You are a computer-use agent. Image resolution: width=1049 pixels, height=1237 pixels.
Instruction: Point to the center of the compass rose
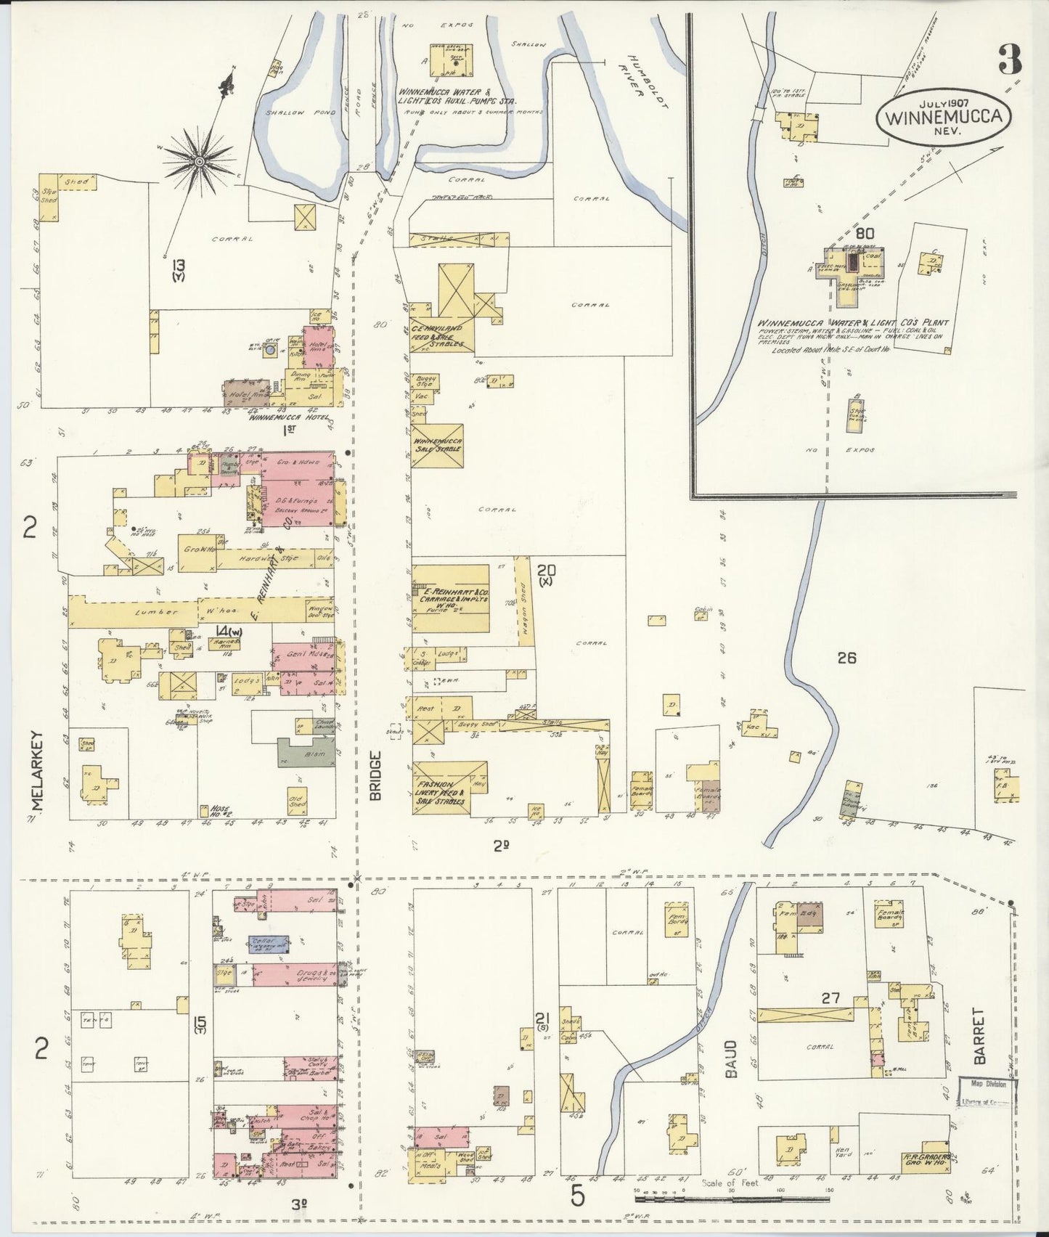197,159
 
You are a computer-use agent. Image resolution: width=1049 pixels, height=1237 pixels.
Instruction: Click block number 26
846,658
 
